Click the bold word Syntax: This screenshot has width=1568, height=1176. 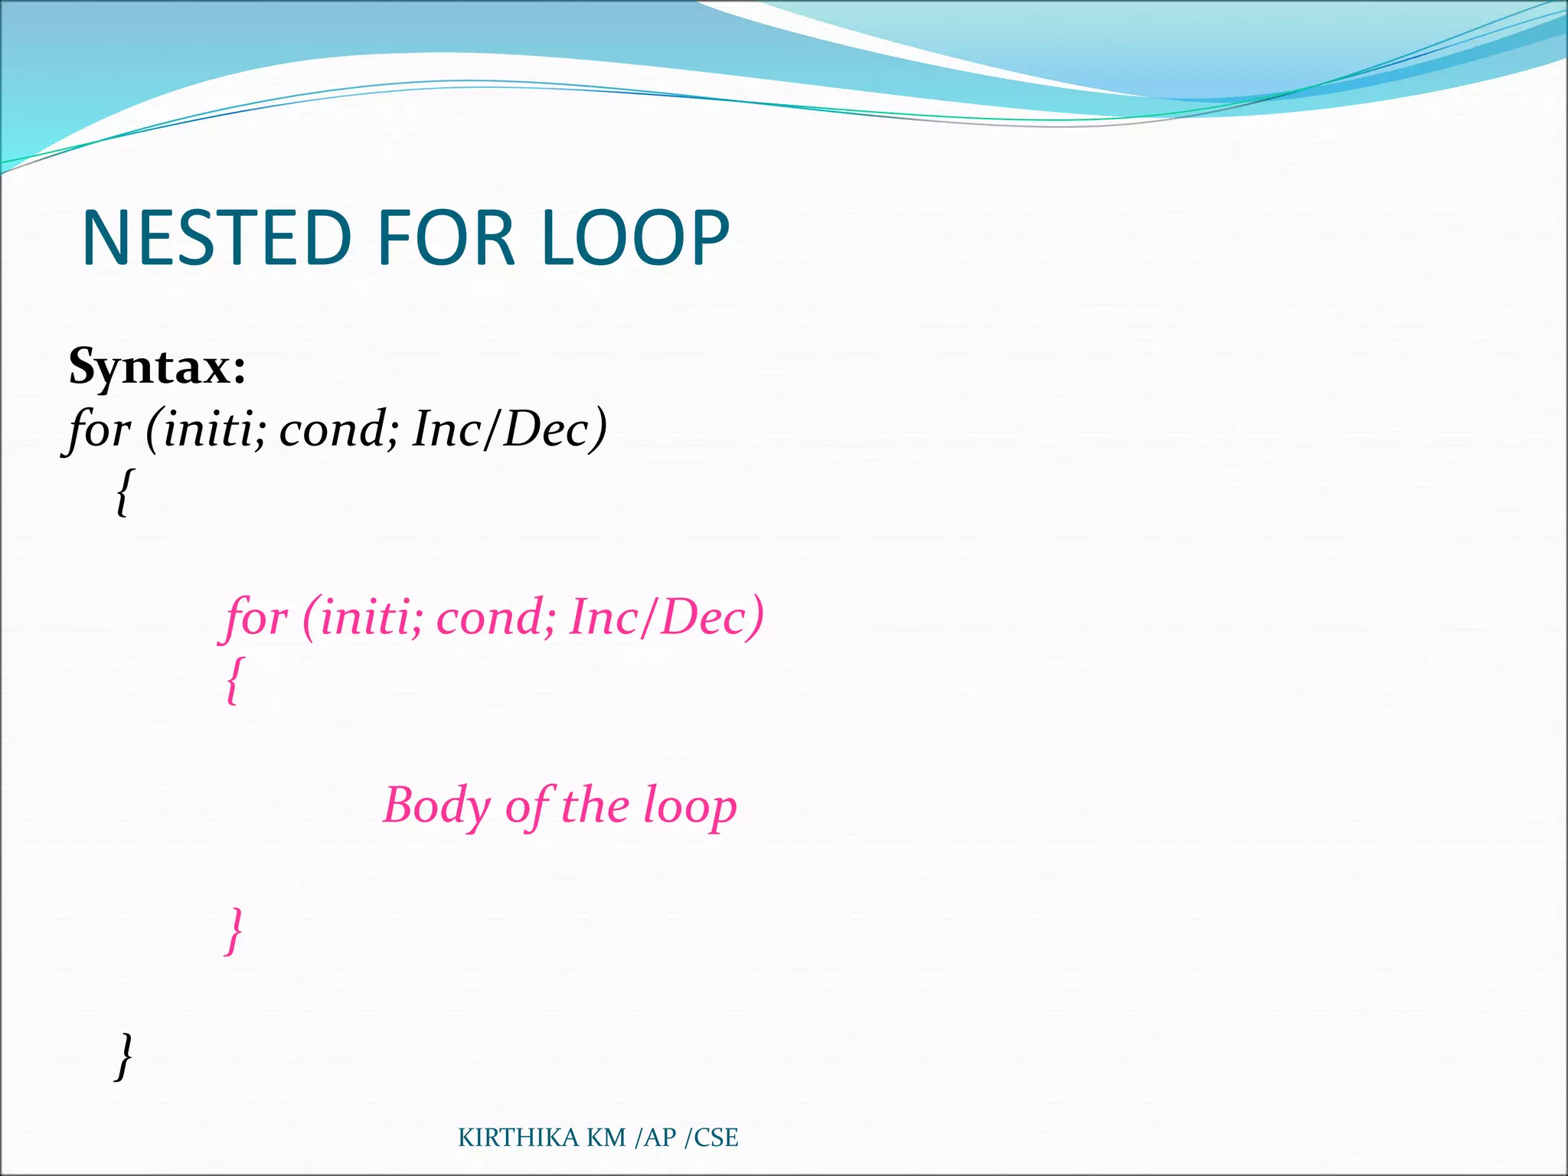(157, 367)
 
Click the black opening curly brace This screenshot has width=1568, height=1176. (123, 492)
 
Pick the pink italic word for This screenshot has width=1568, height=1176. (256, 617)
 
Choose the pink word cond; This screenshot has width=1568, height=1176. (495, 617)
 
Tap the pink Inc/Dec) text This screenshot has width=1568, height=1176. (666, 617)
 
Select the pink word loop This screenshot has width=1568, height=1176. (690, 805)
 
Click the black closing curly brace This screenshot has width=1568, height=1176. (123, 1056)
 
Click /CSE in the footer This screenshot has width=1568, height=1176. (711, 1138)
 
